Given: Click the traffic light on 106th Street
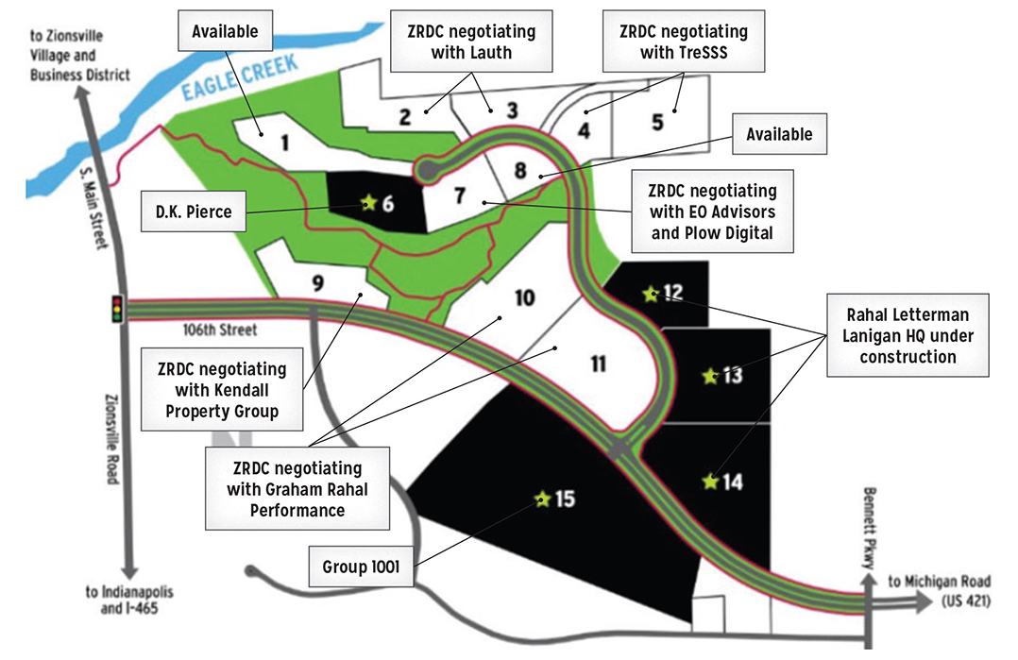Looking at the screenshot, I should pyautogui.click(x=117, y=309).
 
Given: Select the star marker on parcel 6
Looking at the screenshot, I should pyautogui.click(x=367, y=201).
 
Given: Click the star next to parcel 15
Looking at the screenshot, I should pyautogui.click(x=542, y=499).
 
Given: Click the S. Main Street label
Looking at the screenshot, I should pyautogui.click(x=105, y=210).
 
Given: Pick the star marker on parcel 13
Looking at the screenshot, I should pyautogui.click(x=710, y=377).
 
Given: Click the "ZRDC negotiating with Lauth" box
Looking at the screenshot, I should pyautogui.click(x=471, y=42).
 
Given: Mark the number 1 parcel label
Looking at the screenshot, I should pyautogui.click(x=283, y=143).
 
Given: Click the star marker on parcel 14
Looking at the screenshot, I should pyautogui.click(x=710, y=482).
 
